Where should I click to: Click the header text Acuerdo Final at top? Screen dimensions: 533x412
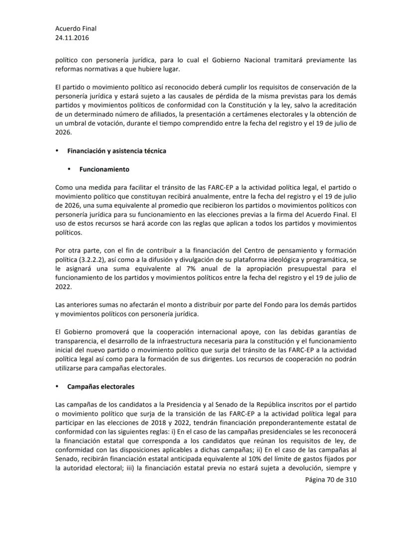tap(76, 28)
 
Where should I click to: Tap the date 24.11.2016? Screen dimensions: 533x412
tap(73, 37)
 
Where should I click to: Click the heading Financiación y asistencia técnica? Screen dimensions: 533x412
tap(117, 151)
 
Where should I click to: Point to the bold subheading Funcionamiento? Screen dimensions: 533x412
tap(104, 169)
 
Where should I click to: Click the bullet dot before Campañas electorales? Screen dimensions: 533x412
tap(57, 386)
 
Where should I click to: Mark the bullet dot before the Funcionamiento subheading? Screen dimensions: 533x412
tap(69, 169)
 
